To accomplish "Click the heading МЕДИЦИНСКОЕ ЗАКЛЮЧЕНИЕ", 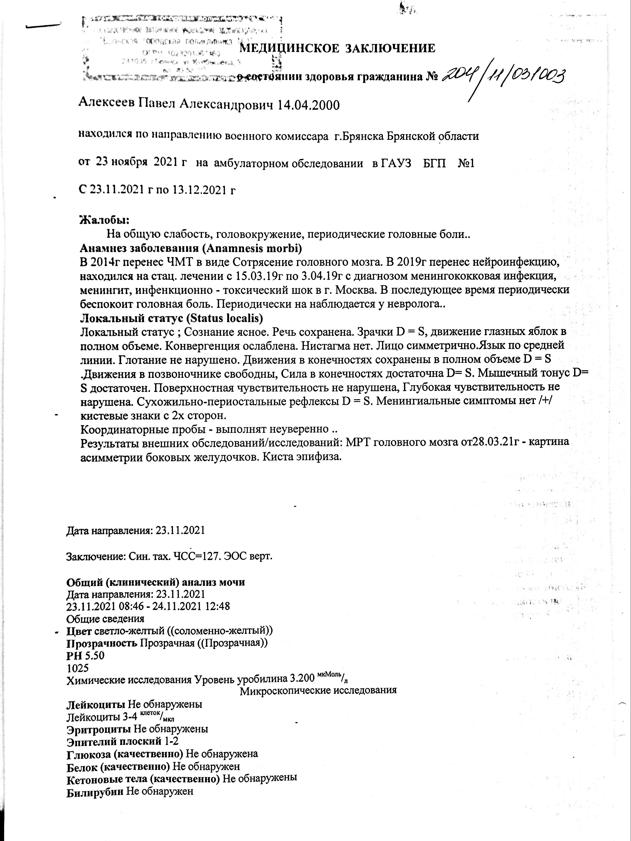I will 338,48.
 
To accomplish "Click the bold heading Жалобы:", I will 104,219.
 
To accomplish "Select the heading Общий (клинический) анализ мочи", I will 156,582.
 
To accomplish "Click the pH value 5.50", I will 95,655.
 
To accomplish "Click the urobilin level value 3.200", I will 302,679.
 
